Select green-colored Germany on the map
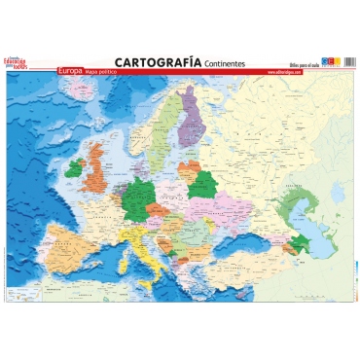pyautogui.click(x=140, y=191)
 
